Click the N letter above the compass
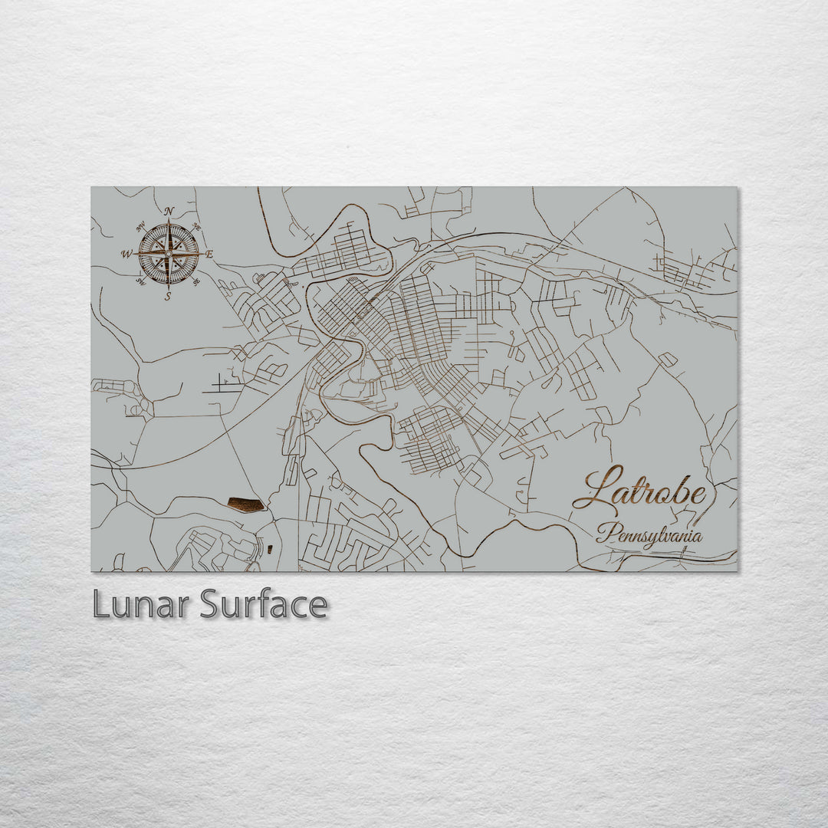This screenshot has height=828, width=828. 169,212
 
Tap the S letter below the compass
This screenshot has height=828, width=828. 168,296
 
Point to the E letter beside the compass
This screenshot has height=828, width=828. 209,254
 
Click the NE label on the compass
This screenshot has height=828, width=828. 196,227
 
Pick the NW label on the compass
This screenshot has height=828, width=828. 141,227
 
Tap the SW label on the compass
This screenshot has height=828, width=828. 141,281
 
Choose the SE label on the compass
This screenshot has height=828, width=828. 196,281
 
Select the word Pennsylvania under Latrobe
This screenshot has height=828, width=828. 650,535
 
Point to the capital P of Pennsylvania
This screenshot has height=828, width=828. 606,532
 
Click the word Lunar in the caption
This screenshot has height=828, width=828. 142,605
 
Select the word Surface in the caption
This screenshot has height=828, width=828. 264,605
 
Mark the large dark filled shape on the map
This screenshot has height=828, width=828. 246,504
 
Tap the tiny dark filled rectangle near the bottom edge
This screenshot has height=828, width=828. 270,548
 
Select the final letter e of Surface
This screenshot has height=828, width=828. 317,606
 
